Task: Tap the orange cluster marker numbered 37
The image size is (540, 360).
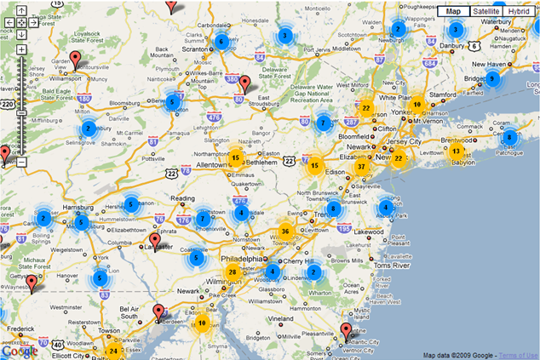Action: click(x=362, y=167)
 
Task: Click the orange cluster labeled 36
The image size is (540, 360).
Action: click(x=285, y=231)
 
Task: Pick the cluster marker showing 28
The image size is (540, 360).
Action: click(x=232, y=272)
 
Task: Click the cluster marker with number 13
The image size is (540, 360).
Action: click(x=457, y=151)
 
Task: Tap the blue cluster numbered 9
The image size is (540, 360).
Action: click(x=491, y=79)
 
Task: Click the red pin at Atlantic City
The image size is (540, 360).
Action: click(x=345, y=330)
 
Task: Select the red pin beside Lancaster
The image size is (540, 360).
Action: click(x=154, y=240)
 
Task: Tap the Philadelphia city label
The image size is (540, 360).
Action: click(x=241, y=259)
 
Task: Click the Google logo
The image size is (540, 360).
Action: click(x=19, y=350)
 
